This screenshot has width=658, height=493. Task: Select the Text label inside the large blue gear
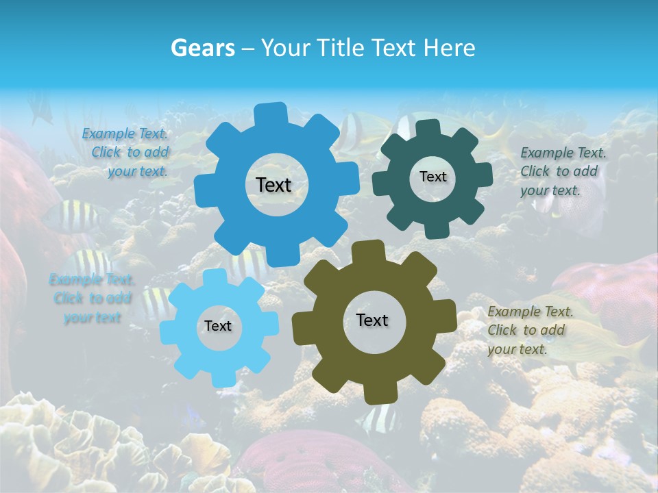point(273,185)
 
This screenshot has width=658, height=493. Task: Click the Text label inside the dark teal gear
point(432,177)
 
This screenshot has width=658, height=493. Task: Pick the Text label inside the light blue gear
point(218,327)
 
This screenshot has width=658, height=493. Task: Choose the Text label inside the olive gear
point(372,320)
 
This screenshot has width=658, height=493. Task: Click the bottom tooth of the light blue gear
point(221,377)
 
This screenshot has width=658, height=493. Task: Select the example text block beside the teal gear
point(562,171)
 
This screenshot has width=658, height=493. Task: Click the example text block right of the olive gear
point(529,330)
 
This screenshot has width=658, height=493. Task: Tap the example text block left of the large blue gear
point(127,153)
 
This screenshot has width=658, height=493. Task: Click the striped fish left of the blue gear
point(72,216)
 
